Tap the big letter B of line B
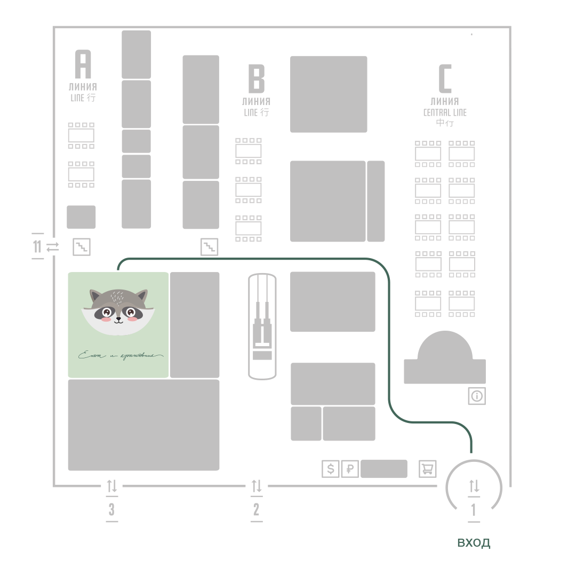[257, 78]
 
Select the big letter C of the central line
[445, 78]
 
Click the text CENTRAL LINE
[445, 113]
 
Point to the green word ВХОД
[474, 543]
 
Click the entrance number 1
[474, 510]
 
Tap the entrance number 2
[257, 509]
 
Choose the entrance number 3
[111, 509]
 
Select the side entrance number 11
[37, 247]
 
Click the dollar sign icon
[331, 469]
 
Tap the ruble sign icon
[350, 469]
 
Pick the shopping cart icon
[427, 469]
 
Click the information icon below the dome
[477, 396]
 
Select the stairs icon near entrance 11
[82, 247]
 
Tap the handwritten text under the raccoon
[120, 355]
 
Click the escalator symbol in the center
[262, 326]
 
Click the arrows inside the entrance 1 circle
[474, 486]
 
